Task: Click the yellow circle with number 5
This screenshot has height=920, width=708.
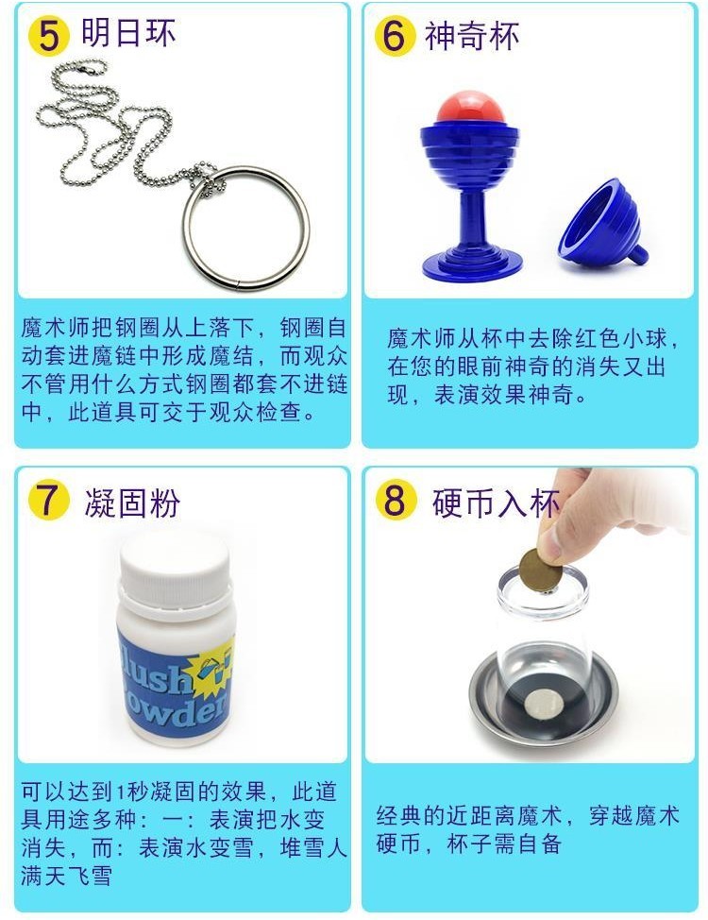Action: point(49,35)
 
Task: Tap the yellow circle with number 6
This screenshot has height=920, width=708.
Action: point(395,35)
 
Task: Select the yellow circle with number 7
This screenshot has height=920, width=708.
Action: point(49,500)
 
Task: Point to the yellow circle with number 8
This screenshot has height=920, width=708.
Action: point(396,500)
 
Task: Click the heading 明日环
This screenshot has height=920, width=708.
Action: point(127,33)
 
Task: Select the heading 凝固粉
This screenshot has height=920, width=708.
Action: point(132,503)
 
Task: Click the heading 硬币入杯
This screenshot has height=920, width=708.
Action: point(496,503)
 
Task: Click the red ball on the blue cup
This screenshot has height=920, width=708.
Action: point(470,108)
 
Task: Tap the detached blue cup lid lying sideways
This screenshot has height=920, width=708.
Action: point(602,224)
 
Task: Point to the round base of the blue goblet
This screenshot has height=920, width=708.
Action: point(472,264)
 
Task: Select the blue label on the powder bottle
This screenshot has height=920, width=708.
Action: point(175,681)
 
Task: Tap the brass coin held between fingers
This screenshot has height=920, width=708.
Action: point(540,568)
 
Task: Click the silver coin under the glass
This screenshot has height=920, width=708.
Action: point(543,704)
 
